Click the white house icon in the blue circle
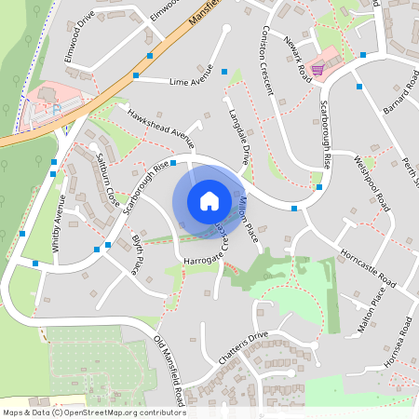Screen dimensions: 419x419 pyautogui.click(x=209, y=201)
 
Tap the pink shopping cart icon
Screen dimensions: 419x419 pyautogui.click(x=318, y=69)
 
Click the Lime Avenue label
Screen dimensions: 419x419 pyautogui.click(x=191, y=82)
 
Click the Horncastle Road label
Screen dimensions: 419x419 pyautogui.click(x=368, y=268)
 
